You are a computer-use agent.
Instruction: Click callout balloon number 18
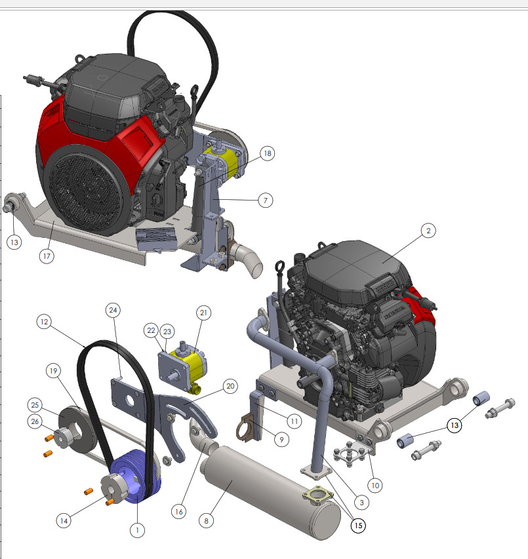point(267,153)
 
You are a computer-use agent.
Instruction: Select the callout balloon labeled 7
point(266,201)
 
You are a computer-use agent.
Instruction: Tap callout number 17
point(47,256)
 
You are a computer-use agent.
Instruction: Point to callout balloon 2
point(428,231)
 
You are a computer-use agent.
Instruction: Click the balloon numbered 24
point(113,310)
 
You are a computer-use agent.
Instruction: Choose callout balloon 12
point(44,322)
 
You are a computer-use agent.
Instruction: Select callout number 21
point(204,313)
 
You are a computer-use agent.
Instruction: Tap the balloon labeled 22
point(152,330)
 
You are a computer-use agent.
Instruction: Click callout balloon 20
point(230,386)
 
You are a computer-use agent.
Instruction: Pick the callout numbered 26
point(35,421)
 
